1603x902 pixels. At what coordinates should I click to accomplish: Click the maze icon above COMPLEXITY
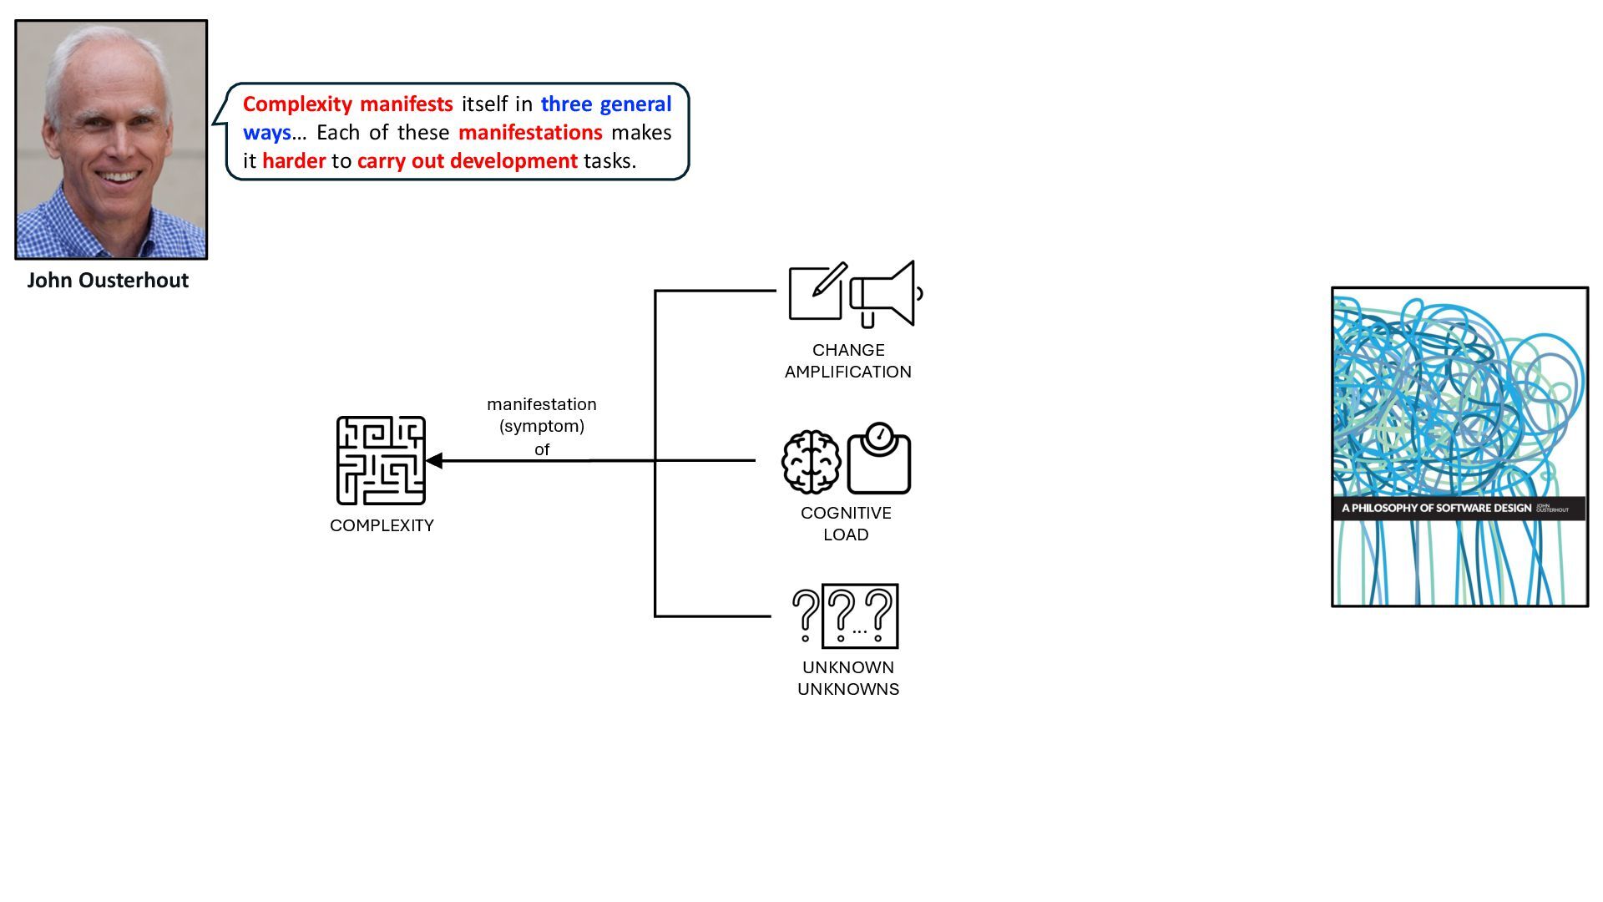coord(381,460)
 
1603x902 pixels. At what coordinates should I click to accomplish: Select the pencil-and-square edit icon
coord(817,291)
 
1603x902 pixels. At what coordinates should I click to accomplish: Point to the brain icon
coord(811,462)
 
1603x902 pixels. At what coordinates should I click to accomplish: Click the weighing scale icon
coord(879,459)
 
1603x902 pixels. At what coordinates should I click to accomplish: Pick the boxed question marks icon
coord(860,616)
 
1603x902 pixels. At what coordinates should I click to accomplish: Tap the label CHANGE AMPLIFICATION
coord(847,361)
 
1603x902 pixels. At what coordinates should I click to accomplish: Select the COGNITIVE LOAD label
coord(846,524)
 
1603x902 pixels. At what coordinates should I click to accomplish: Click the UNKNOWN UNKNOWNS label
coord(847,678)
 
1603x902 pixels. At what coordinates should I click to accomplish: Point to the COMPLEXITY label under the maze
coord(382,525)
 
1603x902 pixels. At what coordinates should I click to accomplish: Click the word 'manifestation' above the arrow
coord(541,404)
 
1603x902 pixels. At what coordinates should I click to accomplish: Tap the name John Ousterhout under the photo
coord(108,280)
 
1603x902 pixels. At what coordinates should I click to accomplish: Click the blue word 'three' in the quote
coord(566,104)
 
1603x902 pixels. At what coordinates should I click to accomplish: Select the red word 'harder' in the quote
coord(294,160)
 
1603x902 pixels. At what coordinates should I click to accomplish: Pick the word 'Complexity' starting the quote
coord(297,104)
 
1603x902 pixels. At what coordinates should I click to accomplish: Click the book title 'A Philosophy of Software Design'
coord(1436,508)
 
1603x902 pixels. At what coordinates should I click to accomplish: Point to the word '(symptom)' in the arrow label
coord(541,426)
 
